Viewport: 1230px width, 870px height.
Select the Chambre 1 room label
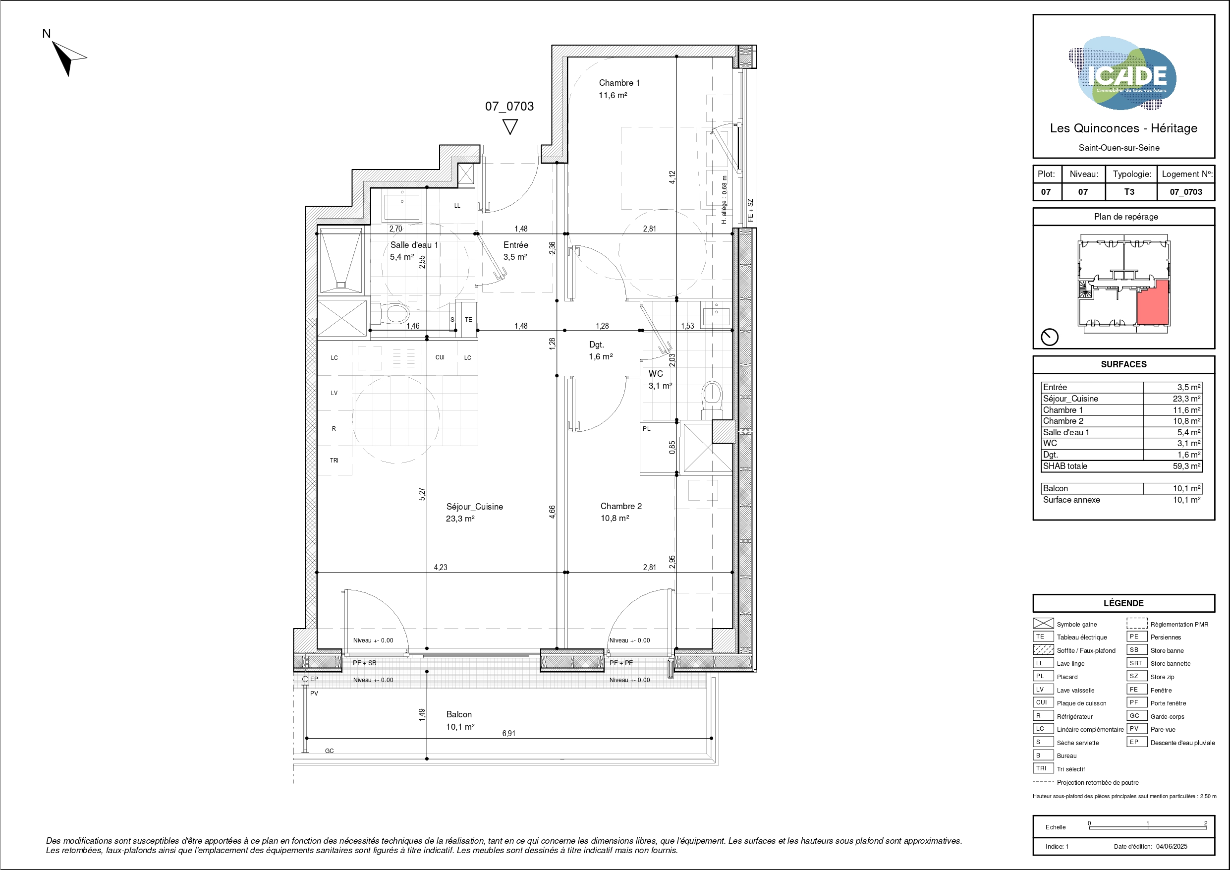point(619,83)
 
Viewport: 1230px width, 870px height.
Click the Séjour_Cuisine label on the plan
point(474,507)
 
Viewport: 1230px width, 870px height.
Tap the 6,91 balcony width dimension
point(509,733)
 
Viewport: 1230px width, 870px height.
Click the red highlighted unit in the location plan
point(1152,302)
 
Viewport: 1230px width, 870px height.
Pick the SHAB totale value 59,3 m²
point(1186,466)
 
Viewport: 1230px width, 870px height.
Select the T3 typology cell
point(1129,192)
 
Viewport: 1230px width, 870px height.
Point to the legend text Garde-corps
point(1168,717)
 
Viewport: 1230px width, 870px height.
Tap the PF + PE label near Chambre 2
point(621,663)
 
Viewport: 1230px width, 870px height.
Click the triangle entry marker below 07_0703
point(510,127)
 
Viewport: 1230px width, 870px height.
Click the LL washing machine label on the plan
point(457,206)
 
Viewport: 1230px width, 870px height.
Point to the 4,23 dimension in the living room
point(441,567)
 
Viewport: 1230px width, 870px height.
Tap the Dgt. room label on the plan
point(596,345)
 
